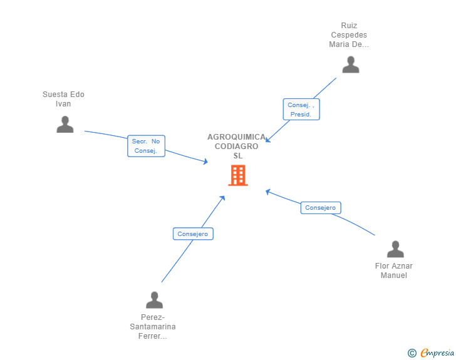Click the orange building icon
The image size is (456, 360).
click(238, 175)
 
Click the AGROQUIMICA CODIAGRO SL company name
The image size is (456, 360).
click(236, 147)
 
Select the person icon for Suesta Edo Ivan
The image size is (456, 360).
click(65, 124)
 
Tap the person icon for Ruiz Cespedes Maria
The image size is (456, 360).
click(351, 64)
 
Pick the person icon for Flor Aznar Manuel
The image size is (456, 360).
click(395, 249)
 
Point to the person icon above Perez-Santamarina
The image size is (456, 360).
click(155, 300)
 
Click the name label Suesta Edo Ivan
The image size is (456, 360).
click(63, 99)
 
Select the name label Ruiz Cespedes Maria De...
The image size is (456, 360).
click(349, 35)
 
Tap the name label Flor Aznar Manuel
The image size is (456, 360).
click(394, 270)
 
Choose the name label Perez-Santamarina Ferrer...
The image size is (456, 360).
click(153, 327)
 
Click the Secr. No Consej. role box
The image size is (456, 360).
click(147, 146)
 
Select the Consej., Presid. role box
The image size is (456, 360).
click(301, 110)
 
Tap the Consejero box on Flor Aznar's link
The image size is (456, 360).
click(321, 208)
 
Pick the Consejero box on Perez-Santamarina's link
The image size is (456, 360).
click(193, 234)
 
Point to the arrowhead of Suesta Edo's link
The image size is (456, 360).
click(205, 162)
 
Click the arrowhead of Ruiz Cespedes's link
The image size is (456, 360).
click(267, 140)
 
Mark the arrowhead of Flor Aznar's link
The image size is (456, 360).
click(268, 192)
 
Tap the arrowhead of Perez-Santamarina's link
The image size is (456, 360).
click(223, 198)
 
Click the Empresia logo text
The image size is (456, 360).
click(437, 353)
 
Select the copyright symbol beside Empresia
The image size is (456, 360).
click(412, 353)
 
